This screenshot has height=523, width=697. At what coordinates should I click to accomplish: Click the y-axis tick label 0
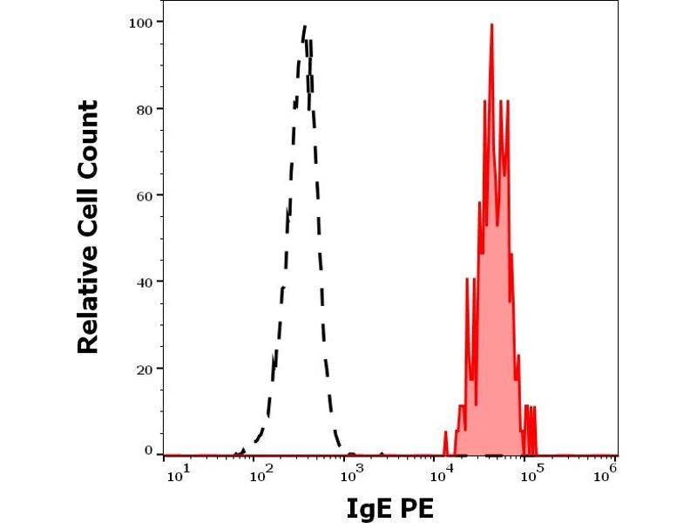(x=149, y=450)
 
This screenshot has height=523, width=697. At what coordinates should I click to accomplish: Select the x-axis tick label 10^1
(x=174, y=473)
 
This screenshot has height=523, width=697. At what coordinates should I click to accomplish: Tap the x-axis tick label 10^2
(x=260, y=473)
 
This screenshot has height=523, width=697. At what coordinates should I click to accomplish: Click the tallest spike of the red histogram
(x=491, y=25)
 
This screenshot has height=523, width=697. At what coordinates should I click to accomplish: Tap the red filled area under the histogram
(x=491, y=349)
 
